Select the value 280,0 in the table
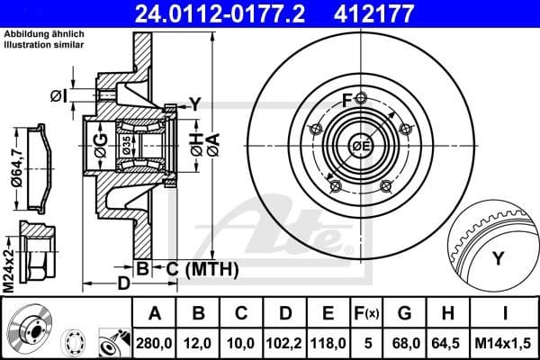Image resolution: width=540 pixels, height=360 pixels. [x=154, y=343]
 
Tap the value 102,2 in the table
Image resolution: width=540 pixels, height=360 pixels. [x=285, y=343]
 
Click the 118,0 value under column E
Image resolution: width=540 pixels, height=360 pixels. [x=328, y=343]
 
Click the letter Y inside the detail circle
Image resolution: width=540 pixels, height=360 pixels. [x=497, y=258]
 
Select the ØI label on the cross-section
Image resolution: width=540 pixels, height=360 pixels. [x=58, y=94]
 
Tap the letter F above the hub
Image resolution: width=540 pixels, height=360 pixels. [x=347, y=98]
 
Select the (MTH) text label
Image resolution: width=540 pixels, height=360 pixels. [x=211, y=268]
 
